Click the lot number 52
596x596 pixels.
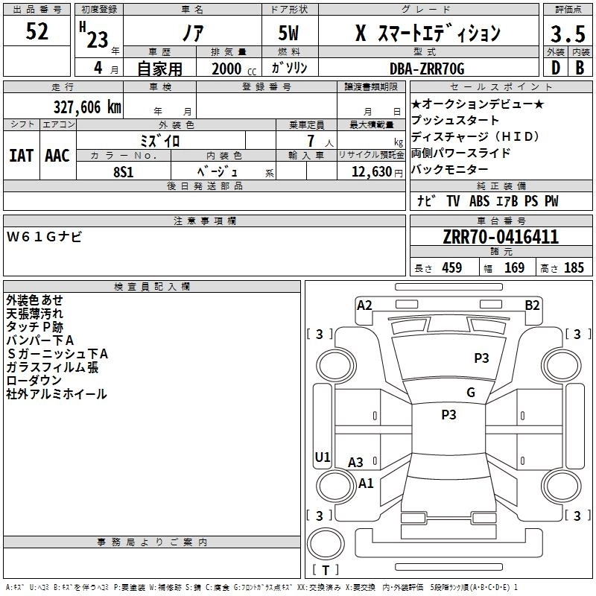(37, 32)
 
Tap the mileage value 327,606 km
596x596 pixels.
(86, 107)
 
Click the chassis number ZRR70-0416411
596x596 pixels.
(501, 238)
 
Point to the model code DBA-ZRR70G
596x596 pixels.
(427, 69)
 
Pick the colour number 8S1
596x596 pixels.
(123, 171)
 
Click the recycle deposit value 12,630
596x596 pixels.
(370, 171)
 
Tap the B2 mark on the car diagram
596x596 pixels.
(532, 305)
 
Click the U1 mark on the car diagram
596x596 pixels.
(323, 457)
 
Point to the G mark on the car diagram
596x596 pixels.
(471, 393)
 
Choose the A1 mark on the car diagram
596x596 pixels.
(366, 483)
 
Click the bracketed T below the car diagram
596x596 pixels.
(325, 570)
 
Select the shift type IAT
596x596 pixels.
(22, 156)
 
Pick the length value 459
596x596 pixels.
(448, 268)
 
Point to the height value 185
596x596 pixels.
(574, 268)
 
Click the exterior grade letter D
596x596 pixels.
(555, 68)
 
